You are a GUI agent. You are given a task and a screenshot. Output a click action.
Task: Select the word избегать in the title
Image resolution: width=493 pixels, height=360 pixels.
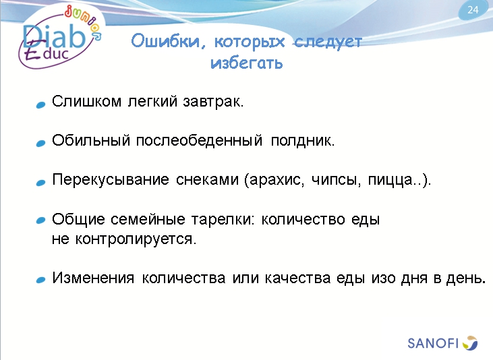click(x=246, y=64)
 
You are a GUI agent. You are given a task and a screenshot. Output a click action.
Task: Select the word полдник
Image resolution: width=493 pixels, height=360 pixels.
click(x=302, y=142)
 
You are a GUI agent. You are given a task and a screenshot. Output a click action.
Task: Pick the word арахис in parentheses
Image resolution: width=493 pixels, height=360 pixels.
click(x=274, y=181)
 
